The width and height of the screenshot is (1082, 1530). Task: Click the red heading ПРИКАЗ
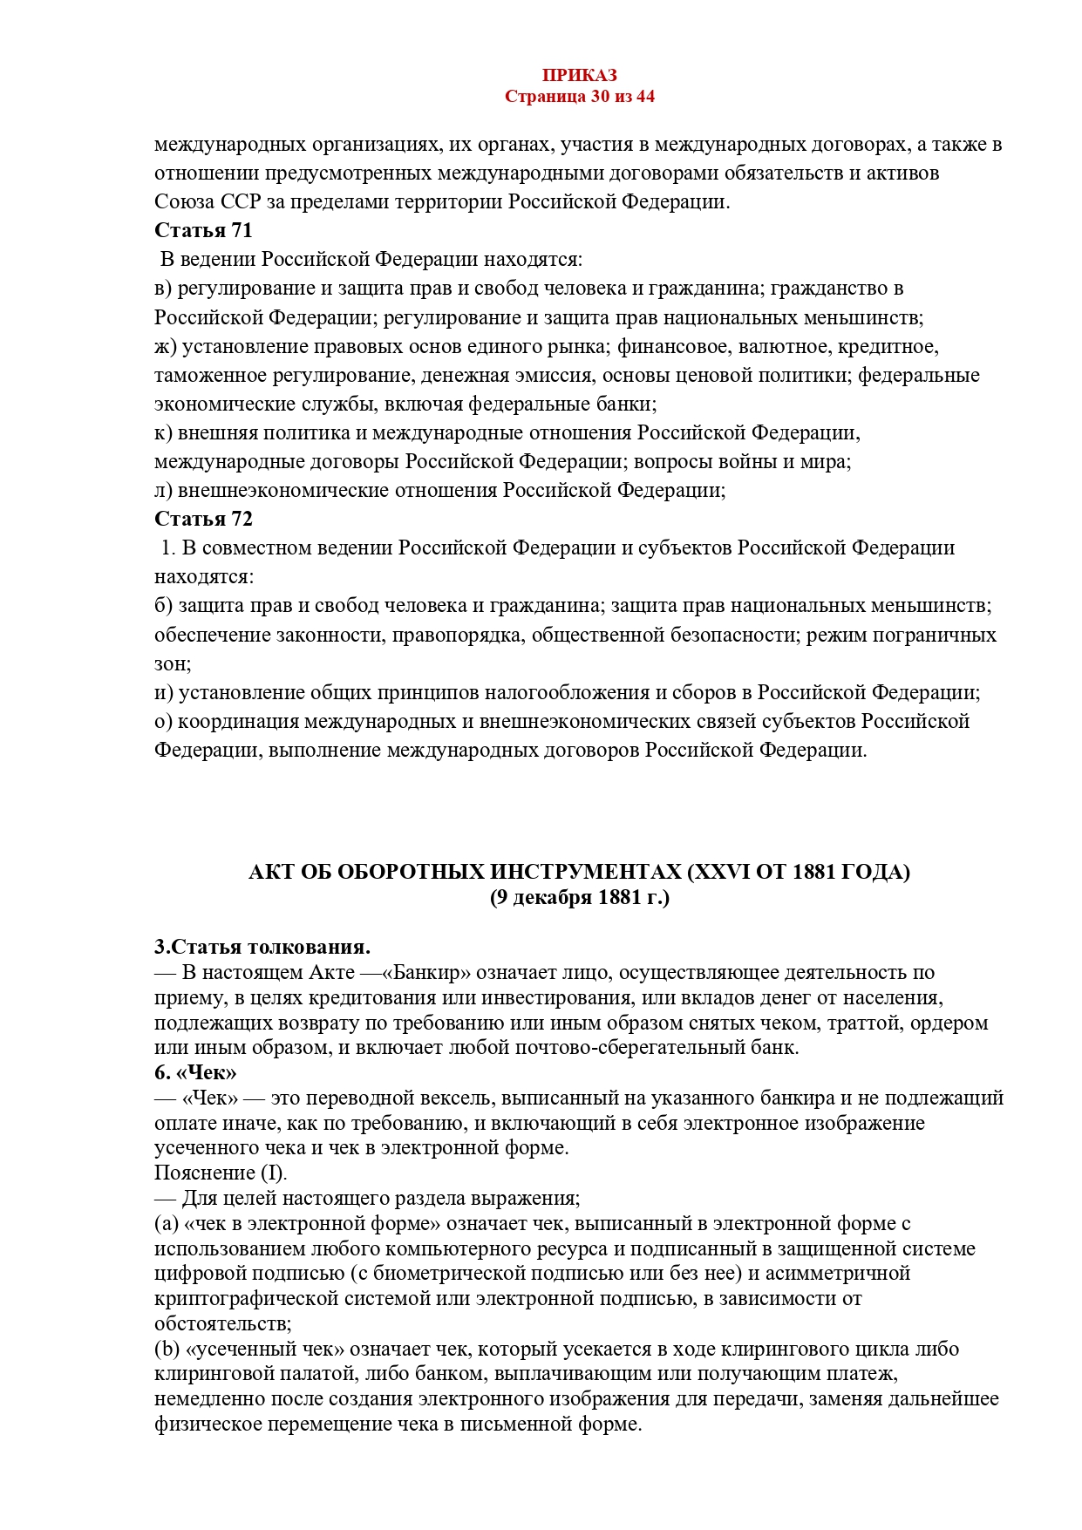tap(579, 76)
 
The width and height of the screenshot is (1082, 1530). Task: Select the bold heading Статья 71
tap(203, 230)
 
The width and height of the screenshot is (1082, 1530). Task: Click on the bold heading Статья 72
tap(203, 519)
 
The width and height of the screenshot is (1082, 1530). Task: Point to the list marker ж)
tap(166, 346)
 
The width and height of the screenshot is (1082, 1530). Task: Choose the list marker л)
tap(164, 490)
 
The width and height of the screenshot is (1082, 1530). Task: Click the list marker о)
tap(164, 721)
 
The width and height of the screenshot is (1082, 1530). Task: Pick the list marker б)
tap(164, 605)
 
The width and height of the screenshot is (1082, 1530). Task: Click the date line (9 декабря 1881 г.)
tap(579, 897)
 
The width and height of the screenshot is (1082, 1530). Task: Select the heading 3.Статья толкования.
tap(262, 947)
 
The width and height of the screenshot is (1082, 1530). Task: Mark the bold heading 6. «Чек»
tap(195, 1072)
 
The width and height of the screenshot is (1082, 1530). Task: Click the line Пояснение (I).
tap(221, 1173)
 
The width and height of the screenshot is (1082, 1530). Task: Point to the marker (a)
tap(167, 1223)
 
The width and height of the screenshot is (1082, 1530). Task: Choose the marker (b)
tap(167, 1349)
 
